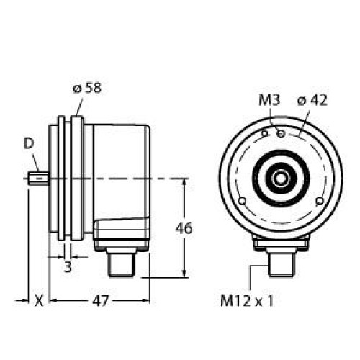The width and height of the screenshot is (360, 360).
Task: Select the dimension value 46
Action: pos(184,229)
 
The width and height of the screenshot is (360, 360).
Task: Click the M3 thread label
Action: pos(269,101)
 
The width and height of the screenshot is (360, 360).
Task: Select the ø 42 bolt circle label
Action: pos(313,101)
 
